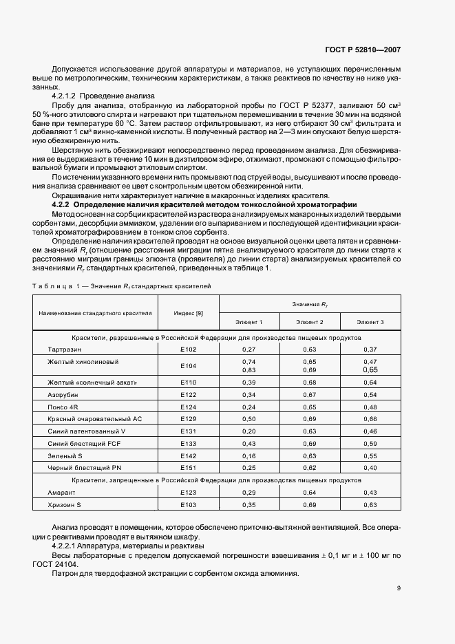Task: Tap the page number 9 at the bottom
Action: (399, 588)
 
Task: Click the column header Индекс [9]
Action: (188, 314)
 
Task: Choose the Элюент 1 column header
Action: (249, 322)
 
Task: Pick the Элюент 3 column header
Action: (370, 322)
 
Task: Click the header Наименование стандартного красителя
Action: (95, 314)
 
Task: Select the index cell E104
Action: (188, 365)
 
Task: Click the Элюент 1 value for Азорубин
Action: (249, 394)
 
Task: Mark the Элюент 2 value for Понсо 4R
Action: (310, 407)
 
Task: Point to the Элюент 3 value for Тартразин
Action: (370, 350)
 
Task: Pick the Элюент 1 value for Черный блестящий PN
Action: (249, 468)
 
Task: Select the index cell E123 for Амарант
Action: (188, 493)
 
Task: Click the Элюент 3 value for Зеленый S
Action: (370, 455)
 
